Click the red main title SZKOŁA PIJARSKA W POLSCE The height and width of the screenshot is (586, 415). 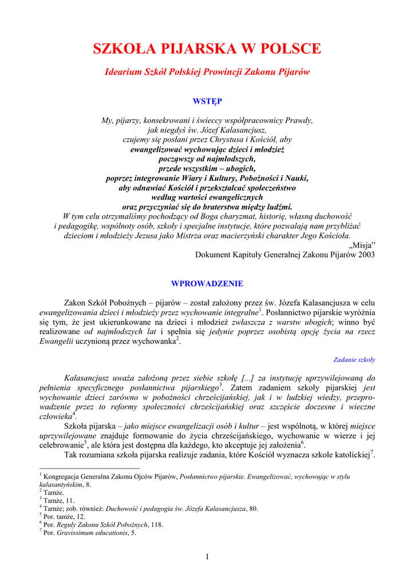point(207,49)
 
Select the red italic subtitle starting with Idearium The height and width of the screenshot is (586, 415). point(207,73)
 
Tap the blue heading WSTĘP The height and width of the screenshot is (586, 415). point(207,101)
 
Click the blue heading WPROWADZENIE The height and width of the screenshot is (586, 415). point(207,284)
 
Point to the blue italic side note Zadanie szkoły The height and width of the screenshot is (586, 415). point(354,360)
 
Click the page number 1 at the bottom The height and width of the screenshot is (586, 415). point(207,557)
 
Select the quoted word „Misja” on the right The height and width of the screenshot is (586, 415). point(362,245)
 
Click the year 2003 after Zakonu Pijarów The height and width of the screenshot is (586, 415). point(365,255)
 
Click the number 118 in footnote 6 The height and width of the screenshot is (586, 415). point(157,524)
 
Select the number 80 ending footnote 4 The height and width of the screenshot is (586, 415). point(254,508)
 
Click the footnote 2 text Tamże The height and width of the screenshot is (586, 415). point(53,492)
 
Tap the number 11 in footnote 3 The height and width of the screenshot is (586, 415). point(71,500)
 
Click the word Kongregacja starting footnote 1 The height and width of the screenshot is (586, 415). point(61,476)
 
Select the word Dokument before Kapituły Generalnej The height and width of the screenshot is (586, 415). point(214,255)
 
